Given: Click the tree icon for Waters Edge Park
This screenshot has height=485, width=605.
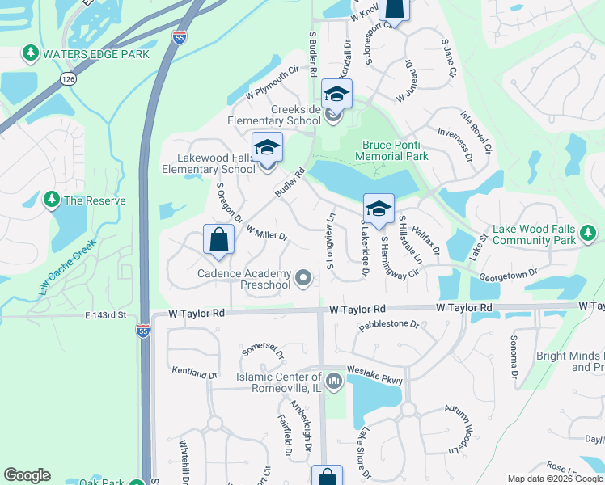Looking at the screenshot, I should (31, 54).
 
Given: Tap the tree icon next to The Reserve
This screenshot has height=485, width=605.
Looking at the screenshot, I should (52, 200).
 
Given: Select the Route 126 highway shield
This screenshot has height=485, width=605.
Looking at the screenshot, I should (67, 78).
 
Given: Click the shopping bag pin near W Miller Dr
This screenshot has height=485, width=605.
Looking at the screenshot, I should (218, 241).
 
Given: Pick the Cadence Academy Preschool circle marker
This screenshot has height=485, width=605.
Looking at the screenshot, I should (303, 279).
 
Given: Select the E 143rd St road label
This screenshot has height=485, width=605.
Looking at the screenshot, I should (104, 314).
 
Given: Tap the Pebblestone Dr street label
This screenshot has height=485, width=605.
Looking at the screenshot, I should (390, 325).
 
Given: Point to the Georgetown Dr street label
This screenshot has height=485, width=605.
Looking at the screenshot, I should (508, 275).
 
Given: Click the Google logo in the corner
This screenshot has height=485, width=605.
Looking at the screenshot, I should (27, 475).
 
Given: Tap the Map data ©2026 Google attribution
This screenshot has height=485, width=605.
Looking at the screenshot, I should (555, 479).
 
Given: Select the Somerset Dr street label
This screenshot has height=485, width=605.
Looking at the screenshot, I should (263, 351).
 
